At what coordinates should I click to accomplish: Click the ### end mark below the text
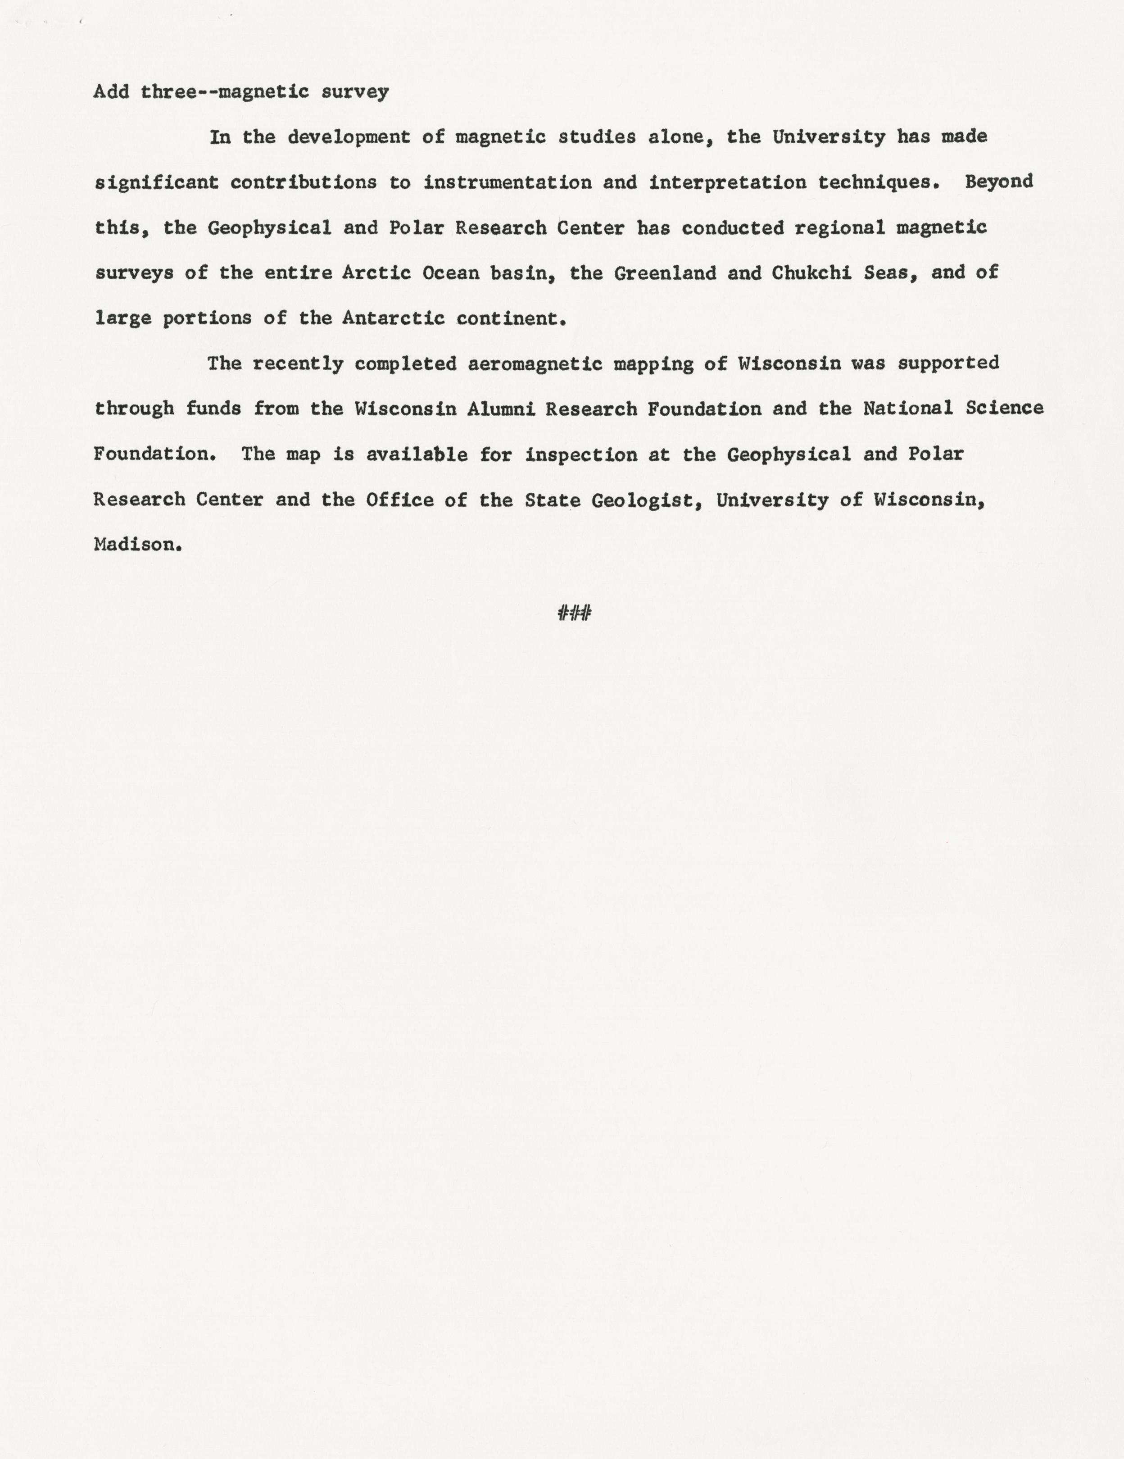[x=574, y=613]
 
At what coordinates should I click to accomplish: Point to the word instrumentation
[x=507, y=182]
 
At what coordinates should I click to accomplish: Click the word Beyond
[x=998, y=182]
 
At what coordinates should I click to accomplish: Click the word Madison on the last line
[x=138, y=545]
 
